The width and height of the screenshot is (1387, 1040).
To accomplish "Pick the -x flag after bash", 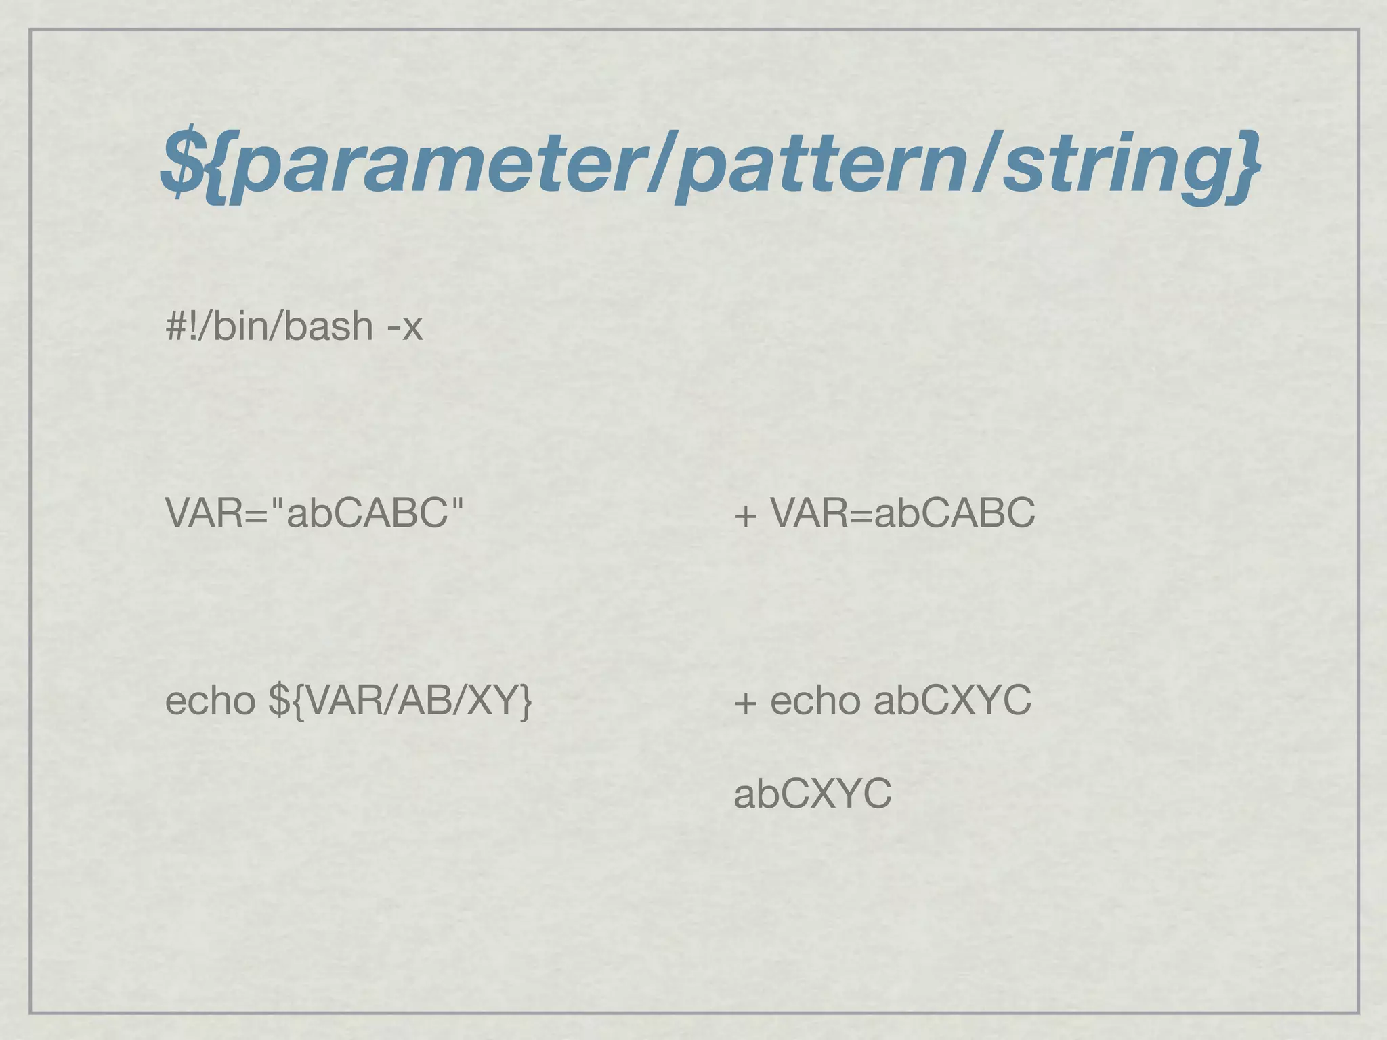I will [x=404, y=327].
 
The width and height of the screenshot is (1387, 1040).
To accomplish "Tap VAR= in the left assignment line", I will [x=217, y=513].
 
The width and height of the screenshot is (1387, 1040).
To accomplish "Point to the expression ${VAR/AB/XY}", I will [x=400, y=701].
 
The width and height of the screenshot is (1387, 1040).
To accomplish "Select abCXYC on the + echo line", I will [x=952, y=700].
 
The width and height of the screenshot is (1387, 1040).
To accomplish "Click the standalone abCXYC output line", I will [x=813, y=794].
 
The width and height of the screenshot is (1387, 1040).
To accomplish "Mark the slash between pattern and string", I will [x=986, y=165].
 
